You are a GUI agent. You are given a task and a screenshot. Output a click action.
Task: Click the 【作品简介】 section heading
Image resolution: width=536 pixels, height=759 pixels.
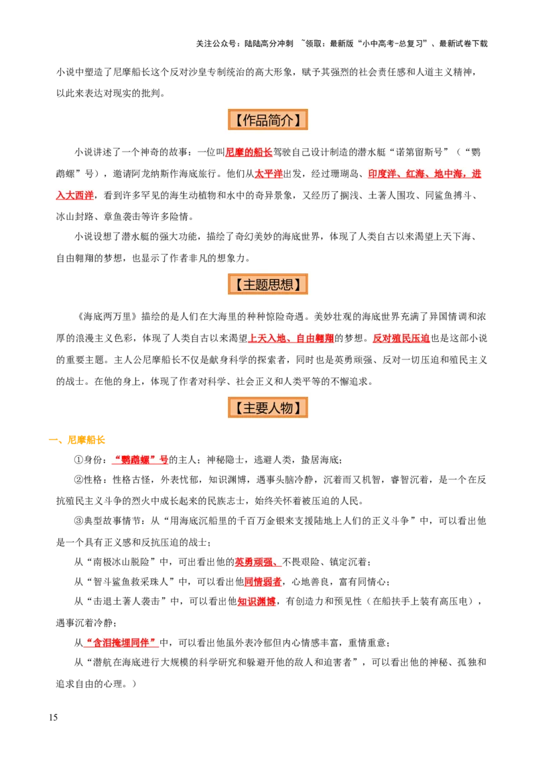268,120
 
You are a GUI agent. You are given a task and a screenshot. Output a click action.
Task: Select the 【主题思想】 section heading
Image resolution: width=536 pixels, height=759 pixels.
268,284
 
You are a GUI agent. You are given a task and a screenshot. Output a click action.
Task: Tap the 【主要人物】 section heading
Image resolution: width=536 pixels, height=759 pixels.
268,408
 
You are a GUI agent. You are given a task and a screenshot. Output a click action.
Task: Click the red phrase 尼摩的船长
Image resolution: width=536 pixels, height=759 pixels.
249,153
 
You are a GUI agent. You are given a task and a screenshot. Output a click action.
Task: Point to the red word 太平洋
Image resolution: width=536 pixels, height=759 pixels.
268,174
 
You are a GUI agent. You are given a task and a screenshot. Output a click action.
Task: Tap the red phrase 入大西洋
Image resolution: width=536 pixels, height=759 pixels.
74,196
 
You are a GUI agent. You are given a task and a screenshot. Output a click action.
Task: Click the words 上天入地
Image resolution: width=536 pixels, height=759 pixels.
267,339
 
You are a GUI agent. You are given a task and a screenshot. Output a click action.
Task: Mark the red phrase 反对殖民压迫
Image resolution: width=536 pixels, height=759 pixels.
402,339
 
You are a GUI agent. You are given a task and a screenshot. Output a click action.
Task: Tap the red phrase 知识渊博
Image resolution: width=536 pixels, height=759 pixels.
257,602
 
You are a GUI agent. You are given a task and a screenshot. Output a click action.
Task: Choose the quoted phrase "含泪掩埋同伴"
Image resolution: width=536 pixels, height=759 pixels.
121,643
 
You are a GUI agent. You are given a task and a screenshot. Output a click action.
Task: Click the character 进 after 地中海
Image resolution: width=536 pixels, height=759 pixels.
476,174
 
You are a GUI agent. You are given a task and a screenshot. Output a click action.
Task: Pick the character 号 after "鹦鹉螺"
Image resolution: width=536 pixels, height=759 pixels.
164,461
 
